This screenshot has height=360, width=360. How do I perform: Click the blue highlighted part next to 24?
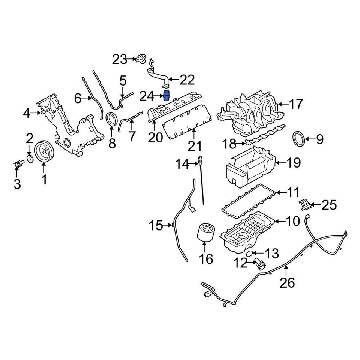pos(167,96)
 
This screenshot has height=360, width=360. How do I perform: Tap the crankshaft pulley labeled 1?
pos(44,151)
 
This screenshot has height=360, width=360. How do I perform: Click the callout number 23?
pos(120,59)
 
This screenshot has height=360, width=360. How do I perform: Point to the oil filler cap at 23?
pos(141,60)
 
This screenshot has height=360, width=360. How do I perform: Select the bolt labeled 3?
pos(17,165)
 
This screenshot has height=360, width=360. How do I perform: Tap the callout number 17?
pos(296,104)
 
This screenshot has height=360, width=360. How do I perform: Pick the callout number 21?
pos(195,146)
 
